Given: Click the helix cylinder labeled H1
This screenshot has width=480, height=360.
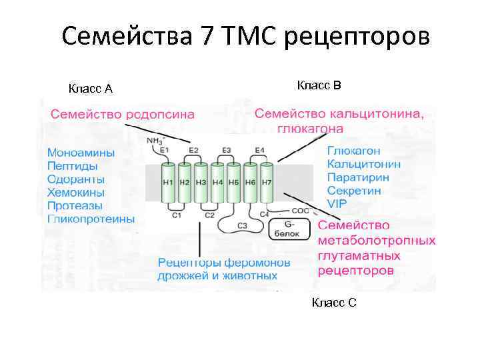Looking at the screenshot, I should tap(168, 183).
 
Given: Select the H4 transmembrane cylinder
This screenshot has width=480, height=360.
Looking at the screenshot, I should tap(217, 183).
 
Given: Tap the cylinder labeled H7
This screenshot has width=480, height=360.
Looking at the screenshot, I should tap(266, 183).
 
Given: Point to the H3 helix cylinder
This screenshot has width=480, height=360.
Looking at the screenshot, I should tap(200, 183).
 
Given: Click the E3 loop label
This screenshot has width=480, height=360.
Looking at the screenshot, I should tap(227, 150).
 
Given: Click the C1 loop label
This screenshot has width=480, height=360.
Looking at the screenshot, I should tap(177, 215).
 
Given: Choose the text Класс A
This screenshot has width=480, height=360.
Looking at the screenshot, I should tap(91, 89).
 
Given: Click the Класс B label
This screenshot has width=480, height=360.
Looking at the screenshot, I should tap(319, 85).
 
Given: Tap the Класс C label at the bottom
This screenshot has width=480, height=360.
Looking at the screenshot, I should tap(334, 303).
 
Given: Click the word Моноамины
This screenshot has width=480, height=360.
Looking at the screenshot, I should tap(81, 153).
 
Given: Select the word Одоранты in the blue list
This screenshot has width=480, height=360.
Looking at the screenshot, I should tap(75, 179).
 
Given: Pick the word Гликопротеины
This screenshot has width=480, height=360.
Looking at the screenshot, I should tap(91, 219).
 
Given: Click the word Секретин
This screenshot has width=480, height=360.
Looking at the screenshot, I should tap(354, 191).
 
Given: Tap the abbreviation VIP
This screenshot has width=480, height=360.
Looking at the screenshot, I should tap(337, 203).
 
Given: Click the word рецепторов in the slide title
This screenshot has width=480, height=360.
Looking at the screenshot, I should tap(357, 37).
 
